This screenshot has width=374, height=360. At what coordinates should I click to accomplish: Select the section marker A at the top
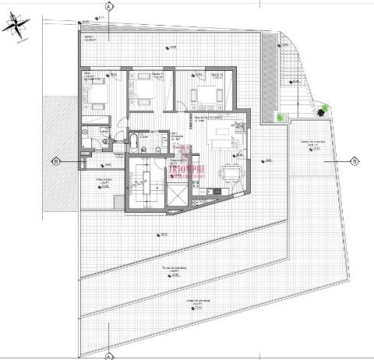tap(108, 5)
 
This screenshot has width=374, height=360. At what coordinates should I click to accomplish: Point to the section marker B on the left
tap(56, 162)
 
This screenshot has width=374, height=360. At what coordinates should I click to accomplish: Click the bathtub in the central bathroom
tap(133, 143)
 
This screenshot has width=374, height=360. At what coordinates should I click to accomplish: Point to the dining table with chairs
tap(230, 173)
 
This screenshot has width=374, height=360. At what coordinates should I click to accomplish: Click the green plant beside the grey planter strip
tap(281, 118)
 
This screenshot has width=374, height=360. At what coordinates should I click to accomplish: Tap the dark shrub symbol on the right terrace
tap(321, 110)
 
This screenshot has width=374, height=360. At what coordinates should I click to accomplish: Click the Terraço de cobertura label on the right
tap(312, 143)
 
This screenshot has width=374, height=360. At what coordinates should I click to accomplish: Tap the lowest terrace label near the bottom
tap(182, 305)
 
